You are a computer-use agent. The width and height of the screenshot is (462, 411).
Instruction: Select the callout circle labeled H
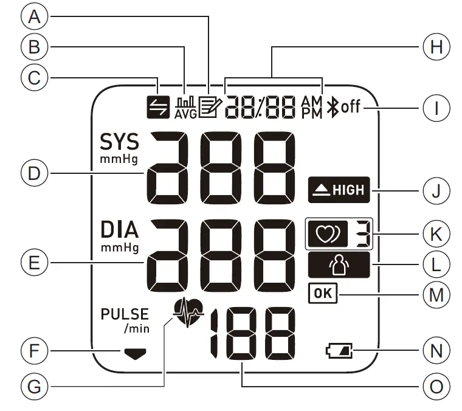click(436, 47)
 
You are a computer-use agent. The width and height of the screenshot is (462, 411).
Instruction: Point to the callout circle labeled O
click(436, 384)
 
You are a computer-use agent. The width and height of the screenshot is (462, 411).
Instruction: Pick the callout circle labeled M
click(436, 295)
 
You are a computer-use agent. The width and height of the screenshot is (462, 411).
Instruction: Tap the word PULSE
click(125, 314)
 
